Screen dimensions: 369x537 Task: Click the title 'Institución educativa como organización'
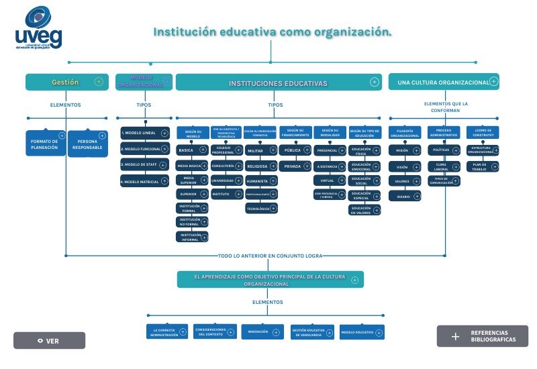tap(272, 32)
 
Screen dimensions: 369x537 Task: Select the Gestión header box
tap(66, 82)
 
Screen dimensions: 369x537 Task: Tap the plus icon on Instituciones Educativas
tap(375, 82)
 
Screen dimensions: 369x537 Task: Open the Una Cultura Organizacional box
tap(444, 82)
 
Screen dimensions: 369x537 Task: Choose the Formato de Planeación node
tap(46, 143)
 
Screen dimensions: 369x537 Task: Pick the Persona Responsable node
tap(87, 144)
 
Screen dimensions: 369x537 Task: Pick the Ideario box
tap(405, 196)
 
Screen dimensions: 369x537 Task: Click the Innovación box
tap(262, 331)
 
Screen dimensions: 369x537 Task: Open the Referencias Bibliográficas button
tap(482, 336)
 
